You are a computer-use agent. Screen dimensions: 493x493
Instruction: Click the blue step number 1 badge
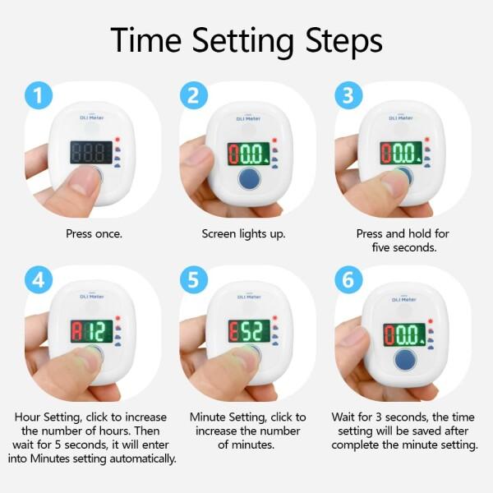pos(39,95)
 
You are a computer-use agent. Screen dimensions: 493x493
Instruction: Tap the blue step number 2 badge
pos(194,95)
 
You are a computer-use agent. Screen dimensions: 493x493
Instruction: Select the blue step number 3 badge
pos(348,95)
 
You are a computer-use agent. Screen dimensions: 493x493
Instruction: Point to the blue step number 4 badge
pos(39,279)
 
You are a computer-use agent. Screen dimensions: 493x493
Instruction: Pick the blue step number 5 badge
pos(194,279)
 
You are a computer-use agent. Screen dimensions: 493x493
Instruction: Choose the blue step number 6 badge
pos(348,279)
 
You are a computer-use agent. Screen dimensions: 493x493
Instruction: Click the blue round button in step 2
pos(250,179)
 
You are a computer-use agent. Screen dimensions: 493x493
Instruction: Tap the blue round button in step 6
pos(405,360)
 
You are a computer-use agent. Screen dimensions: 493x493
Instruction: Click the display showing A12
pos(91,331)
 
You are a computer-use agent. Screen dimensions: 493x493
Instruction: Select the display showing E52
pos(249,331)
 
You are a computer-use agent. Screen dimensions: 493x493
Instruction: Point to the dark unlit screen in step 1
pos(91,152)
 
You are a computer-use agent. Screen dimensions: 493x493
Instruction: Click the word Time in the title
pos(146,40)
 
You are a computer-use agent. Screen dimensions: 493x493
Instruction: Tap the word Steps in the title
pos(344,41)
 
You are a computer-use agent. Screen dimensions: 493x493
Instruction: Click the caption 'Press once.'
pos(94,233)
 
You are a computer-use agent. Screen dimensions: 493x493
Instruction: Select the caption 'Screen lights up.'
pos(244,234)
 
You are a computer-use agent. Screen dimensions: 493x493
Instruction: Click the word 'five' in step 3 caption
pos(381,247)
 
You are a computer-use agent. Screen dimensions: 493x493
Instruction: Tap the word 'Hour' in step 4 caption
pos(27,417)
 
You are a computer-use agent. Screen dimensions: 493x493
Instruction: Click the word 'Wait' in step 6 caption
pos(343,417)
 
